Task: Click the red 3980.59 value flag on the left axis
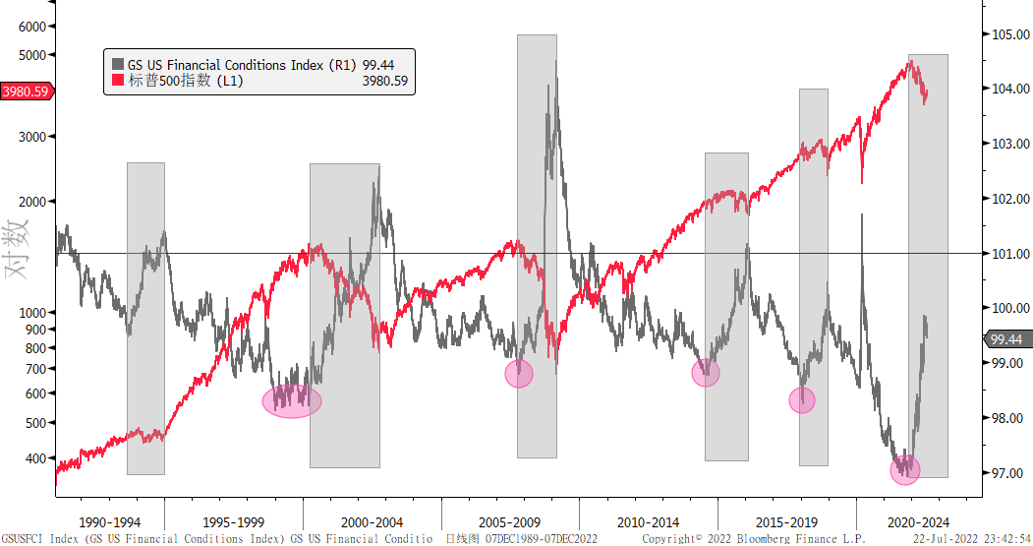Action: click(x=27, y=91)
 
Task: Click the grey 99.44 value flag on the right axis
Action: click(x=1006, y=339)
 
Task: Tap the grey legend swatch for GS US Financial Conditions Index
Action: click(x=117, y=65)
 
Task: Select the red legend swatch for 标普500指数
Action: click(x=117, y=82)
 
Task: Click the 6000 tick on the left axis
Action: click(x=33, y=27)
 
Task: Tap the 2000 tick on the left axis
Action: click(x=33, y=202)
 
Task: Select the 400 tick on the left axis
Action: click(x=37, y=458)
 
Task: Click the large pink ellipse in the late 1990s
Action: click(x=292, y=400)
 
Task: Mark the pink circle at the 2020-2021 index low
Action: click(x=905, y=469)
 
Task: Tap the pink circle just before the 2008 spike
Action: click(x=519, y=373)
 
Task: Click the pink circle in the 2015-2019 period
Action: click(x=802, y=399)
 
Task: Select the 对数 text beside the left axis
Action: click(x=19, y=248)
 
